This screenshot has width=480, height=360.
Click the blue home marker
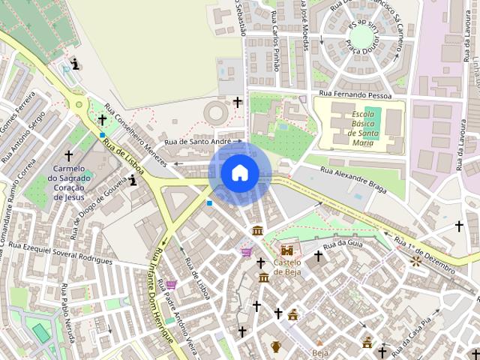(x=239, y=172)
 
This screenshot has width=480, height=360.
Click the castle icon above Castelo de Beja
(x=286, y=250)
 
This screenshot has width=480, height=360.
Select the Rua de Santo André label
(x=198, y=141)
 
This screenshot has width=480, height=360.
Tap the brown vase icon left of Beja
(x=276, y=346)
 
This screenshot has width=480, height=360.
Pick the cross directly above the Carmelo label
(x=68, y=155)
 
